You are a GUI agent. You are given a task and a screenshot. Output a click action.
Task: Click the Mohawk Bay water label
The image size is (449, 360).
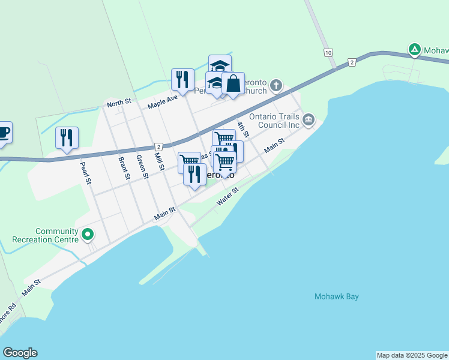[x=337, y=296]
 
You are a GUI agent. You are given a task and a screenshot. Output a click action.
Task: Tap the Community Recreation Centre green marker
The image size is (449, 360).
[x=88, y=234]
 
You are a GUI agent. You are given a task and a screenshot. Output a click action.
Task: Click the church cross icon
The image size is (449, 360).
[x=276, y=85]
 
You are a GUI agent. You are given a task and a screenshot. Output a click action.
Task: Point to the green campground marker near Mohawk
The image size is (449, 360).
[x=414, y=50]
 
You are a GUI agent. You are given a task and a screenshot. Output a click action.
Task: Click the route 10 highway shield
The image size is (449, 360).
[x=328, y=53]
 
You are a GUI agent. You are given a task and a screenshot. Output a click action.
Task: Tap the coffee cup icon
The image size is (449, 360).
[x=3, y=132]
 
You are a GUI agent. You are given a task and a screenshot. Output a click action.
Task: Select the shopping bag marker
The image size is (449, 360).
[x=233, y=83]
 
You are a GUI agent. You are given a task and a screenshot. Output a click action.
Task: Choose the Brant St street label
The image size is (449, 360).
[x=124, y=168]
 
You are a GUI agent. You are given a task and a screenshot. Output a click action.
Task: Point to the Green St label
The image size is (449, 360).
[x=142, y=167]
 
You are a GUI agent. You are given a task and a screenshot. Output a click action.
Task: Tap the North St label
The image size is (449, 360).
[x=119, y=104]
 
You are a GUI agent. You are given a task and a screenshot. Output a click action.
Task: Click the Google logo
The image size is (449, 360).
[x=20, y=353]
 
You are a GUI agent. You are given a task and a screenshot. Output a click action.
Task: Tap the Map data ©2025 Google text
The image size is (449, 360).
[x=412, y=355]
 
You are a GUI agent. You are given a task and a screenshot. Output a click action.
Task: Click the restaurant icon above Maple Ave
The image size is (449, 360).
[x=182, y=79]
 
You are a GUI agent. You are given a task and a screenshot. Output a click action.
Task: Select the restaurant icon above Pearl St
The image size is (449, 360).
[x=67, y=137]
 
